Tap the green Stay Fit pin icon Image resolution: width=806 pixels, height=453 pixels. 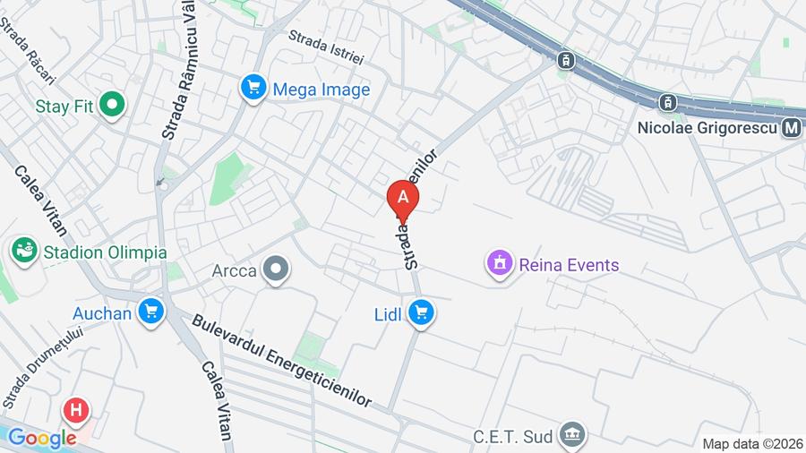tap(113, 106)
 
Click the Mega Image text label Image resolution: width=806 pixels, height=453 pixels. tap(321, 90)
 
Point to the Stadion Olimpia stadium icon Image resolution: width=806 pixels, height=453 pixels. tap(24, 252)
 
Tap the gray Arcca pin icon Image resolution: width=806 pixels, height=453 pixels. tap(277, 269)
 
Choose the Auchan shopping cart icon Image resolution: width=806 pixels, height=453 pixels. tap(151, 312)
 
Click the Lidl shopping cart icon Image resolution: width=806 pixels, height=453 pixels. tap(421, 312)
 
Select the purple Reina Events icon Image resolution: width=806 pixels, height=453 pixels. tap(500, 263)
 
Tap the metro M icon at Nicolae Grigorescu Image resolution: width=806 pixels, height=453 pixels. tap(791, 128)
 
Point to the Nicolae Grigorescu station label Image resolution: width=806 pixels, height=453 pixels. tap(707, 128)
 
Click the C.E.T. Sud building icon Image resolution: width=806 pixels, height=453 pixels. tap(571, 435)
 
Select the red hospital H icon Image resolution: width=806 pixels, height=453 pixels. tap(76, 411)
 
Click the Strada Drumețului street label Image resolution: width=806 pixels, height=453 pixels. tap(42, 366)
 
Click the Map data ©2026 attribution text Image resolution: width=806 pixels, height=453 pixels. tap(752, 443)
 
